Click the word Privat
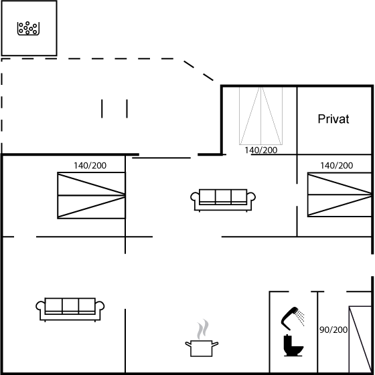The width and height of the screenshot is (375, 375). pyautogui.click(x=333, y=119)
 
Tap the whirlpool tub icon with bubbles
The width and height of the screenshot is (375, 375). pyautogui.click(x=28, y=28)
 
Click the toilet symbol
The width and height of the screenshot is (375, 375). pyautogui.click(x=293, y=346)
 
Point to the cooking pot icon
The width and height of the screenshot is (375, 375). pyautogui.click(x=202, y=348)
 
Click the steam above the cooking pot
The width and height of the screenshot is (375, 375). pyautogui.click(x=203, y=329)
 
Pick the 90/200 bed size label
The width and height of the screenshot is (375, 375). pyautogui.click(x=333, y=330)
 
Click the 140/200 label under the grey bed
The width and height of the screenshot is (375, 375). pyautogui.click(x=260, y=150)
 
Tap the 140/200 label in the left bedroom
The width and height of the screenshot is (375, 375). pyautogui.click(x=90, y=166)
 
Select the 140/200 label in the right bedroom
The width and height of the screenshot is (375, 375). pyautogui.click(x=336, y=166)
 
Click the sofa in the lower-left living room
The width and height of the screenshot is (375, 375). pyautogui.click(x=70, y=309)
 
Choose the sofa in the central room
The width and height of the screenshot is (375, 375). pyautogui.click(x=223, y=200)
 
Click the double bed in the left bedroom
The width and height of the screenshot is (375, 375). pyautogui.click(x=91, y=195)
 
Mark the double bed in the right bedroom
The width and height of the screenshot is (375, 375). pyautogui.click(x=340, y=195)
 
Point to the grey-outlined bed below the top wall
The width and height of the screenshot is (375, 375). pyautogui.click(x=260, y=116)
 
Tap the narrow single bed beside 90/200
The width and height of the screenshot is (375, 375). pyautogui.click(x=360, y=340)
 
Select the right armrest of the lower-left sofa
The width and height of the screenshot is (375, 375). pyautogui.click(x=100, y=307)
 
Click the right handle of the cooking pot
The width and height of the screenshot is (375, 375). pyautogui.click(x=215, y=344)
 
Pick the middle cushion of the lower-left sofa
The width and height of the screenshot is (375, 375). pyautogui.click(x=70, y=305)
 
